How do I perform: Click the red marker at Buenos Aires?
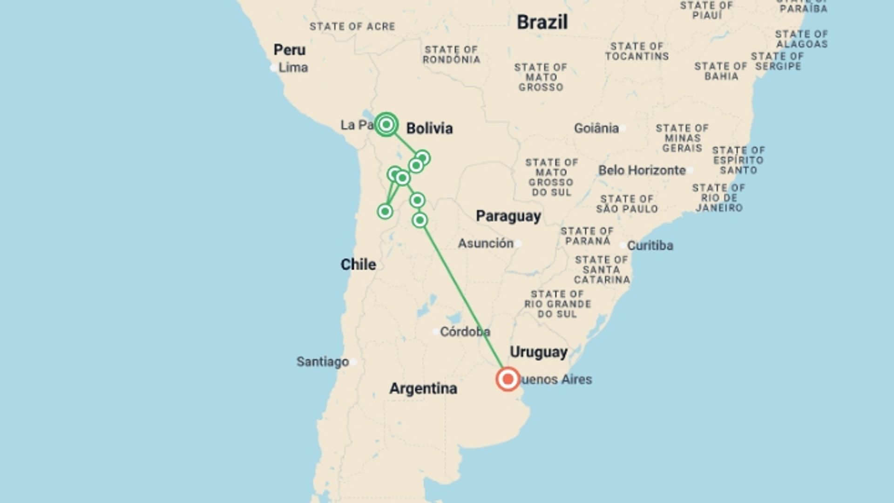coord(508,379)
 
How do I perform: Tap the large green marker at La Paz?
coord(386,124)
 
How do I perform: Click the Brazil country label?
coord(542,22)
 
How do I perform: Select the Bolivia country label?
coord(429,129)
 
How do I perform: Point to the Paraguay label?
coord(508,216)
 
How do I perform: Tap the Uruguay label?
coord(538,352)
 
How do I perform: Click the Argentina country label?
coord(423,388)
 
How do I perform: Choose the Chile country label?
coord(358,265)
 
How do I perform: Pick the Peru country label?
coord(289,50)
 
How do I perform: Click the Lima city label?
coord(293,68)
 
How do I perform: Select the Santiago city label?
coord(323,362)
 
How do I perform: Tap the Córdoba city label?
coord(465,332)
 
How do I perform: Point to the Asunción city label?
coord(486,243)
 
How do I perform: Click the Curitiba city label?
coord(650,245)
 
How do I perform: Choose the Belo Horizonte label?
coord(642,170)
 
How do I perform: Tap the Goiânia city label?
coord(596,128)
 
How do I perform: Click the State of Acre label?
coord(352,27)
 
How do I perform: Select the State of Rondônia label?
coord(451,54)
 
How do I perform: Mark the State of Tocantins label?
coord(637,51)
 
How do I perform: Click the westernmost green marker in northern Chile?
coord(385,211)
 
